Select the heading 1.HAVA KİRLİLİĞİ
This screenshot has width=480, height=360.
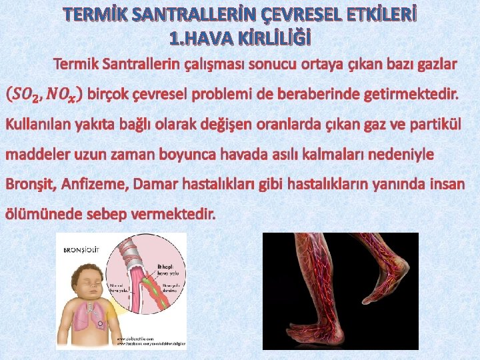pos(240,39)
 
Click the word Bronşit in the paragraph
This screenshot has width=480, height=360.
pos(26,183)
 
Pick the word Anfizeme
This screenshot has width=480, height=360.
pos(90,183)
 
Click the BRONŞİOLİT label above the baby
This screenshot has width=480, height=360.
pos(81,250)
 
